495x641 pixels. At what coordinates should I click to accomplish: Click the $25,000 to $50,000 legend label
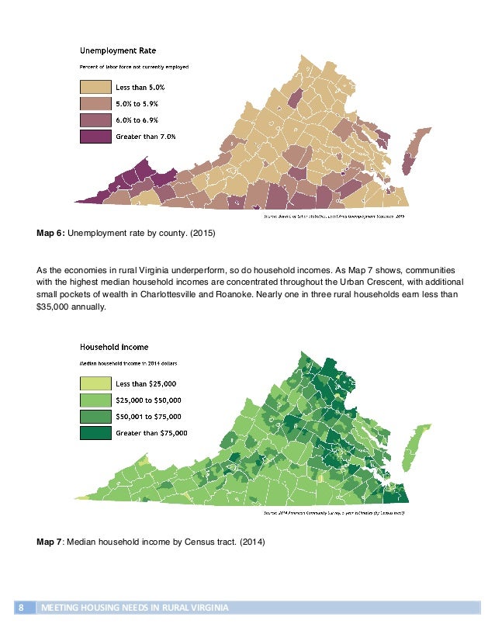pos(148,400)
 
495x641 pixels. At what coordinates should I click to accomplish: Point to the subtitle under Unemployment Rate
pos(135,67)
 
